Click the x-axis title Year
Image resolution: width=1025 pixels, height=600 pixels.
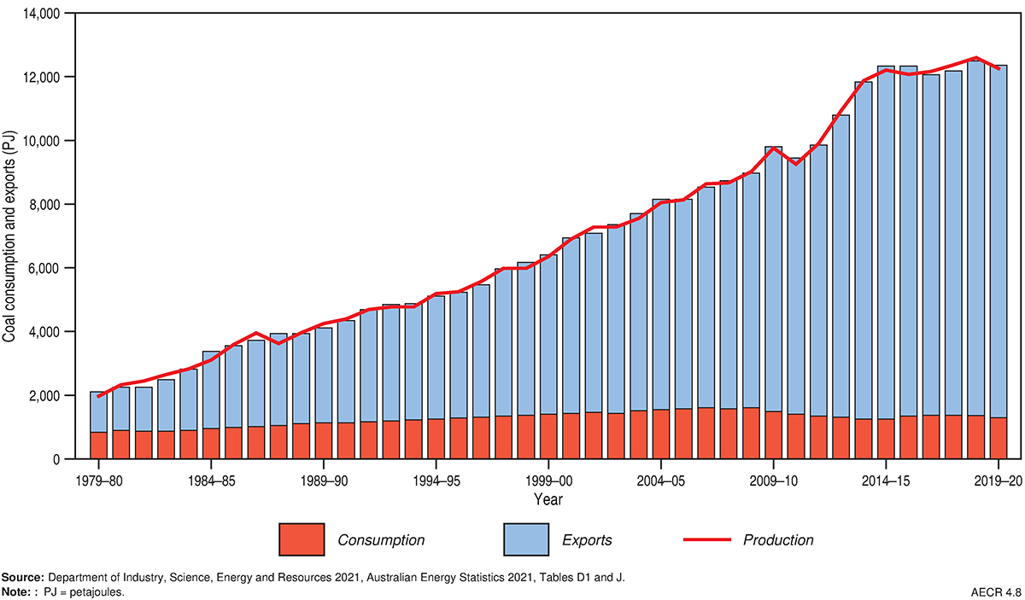pyautogui.click(x=548, y=498)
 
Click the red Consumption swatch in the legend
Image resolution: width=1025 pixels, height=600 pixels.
pyautogui.click(x=302, y=540)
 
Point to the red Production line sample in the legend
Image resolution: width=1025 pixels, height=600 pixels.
pyautogui.click(x=707, y=540)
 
